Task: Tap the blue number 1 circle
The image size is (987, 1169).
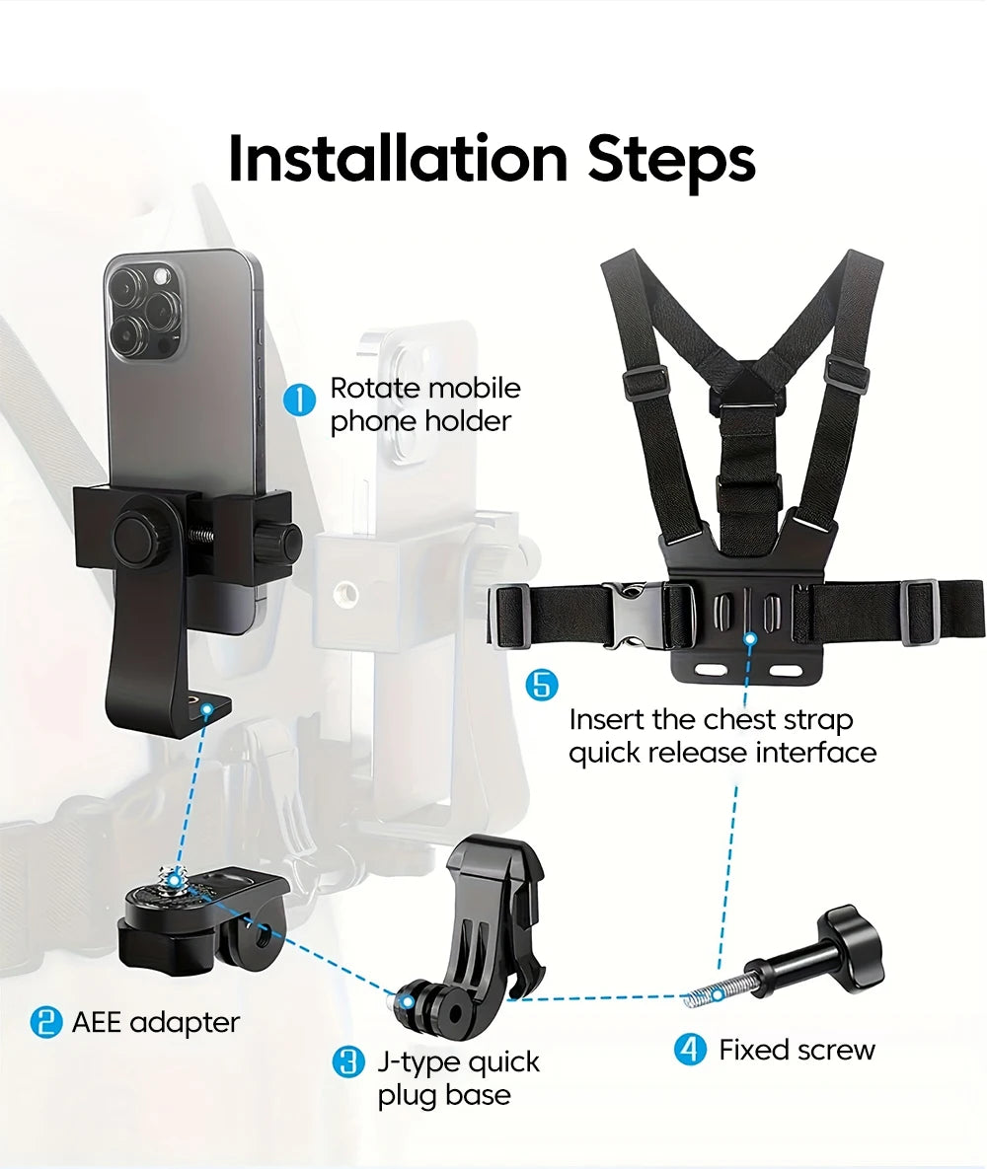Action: point(299,402)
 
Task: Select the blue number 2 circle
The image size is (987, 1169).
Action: point(45,1022)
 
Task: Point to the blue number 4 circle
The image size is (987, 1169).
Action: point(690,1050)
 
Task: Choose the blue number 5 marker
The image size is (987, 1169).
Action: point(540,685)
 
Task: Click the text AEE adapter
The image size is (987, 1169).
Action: point(155,1022)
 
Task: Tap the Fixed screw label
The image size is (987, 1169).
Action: point(797,1050)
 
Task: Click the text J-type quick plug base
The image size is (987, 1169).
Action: point(458,1078)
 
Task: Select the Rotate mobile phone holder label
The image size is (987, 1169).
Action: point(424,404)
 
